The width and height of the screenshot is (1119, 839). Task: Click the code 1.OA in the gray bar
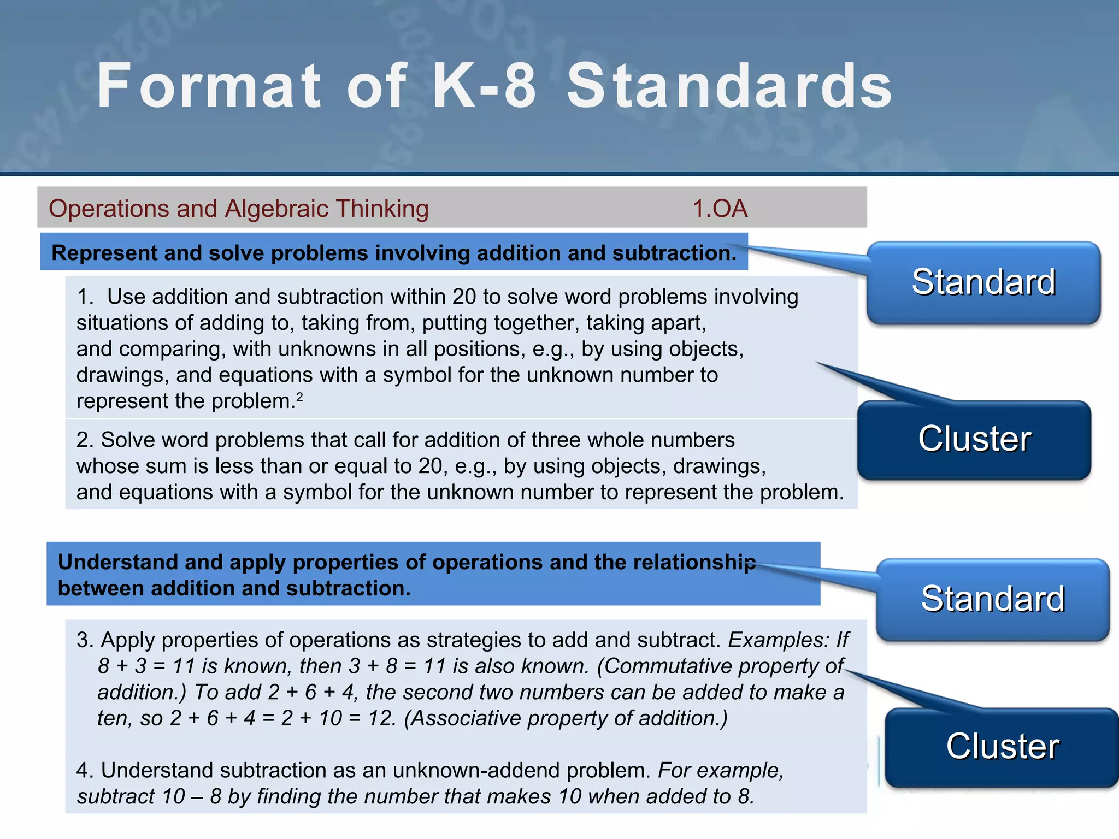point(720,209)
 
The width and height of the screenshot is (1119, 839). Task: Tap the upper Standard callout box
point(983,282)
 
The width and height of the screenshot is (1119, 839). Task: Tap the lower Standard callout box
point(993,599)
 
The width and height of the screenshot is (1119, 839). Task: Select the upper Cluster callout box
point(974,439)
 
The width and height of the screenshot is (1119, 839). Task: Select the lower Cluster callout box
point(1002,747)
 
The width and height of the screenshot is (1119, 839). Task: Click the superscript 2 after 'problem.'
point(299,397)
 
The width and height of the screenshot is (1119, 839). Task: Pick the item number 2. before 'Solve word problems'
point(85,440)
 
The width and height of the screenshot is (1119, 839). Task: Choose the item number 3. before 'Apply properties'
point(85,640)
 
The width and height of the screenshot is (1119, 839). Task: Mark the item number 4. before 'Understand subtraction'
point(85,771)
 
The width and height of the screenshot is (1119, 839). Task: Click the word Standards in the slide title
point(729,86)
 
